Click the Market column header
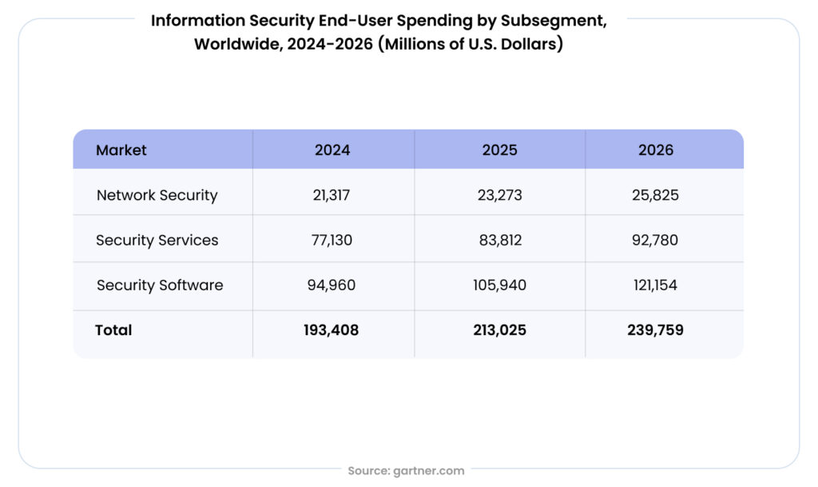[x=121, y=150]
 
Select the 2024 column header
[x=332, y=150]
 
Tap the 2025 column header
[x=500, y=150]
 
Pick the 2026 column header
[x=656, y=150]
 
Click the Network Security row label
[x=157, y=195]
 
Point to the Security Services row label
[x=157, y=240]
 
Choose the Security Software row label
[x=160, y=285]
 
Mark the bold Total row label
[x=113, y=329]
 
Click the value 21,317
[x=332, y=195]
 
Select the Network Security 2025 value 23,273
[x=500, y=195]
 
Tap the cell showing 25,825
[x=656, y=195]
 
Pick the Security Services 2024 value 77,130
[x=332, y=240]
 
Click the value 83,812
[x=500, y=240]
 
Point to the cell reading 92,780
[x=656, y=240]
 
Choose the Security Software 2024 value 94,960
[x=332, y=285]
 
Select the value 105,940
[x=500, y=285]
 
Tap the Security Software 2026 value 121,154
[x=656, y=285]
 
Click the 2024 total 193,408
[x=332, y=329]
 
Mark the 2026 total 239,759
[x=656, y=329]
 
